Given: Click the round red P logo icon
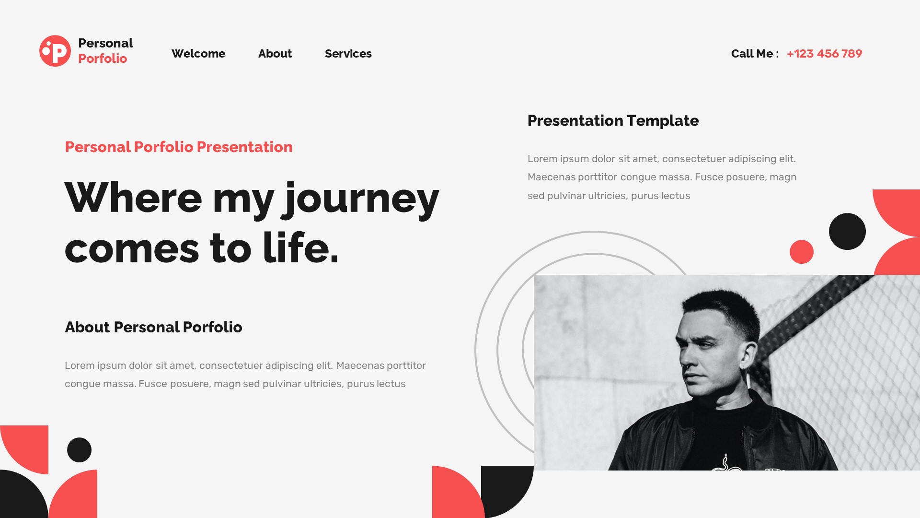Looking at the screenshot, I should tap(55, 51).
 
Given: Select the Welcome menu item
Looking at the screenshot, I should tap(198, 54).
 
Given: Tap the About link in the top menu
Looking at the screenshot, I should tap(275, 54).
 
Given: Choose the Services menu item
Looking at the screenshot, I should tap(348, 54).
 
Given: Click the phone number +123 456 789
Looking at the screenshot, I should tap(824, 54).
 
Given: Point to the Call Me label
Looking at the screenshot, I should tap(752, 54).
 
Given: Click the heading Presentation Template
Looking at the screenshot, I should tap(613, 121).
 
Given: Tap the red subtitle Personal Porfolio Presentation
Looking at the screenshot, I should tap(179, 147).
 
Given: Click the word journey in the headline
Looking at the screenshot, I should tap(362, 199).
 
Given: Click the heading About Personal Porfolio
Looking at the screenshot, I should tap(153, 327).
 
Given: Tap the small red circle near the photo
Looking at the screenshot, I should tap(802, 252).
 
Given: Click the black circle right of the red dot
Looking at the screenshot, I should tap(847, 231).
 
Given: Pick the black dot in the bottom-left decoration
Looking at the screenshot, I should tap(79, 450).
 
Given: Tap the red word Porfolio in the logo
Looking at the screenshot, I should tap(103, 59).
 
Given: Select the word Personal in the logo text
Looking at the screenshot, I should tap(105, 43).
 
